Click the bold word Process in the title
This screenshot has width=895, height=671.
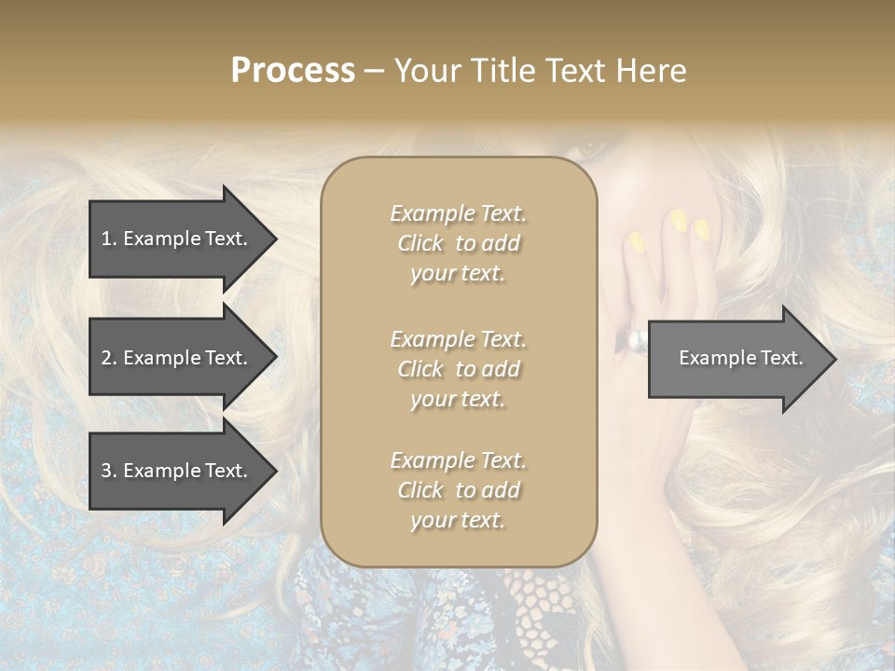293,71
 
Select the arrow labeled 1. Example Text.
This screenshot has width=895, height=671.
182,239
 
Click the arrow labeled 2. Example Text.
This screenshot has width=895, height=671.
182,358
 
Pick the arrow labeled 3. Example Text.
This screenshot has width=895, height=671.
182,471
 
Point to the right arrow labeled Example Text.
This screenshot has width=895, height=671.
741,358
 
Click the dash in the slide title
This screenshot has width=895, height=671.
374,71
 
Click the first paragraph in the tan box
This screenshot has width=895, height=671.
458,243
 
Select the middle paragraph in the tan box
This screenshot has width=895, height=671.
458,369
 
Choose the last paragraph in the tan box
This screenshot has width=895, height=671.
458,490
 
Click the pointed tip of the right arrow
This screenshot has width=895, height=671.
832,359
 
